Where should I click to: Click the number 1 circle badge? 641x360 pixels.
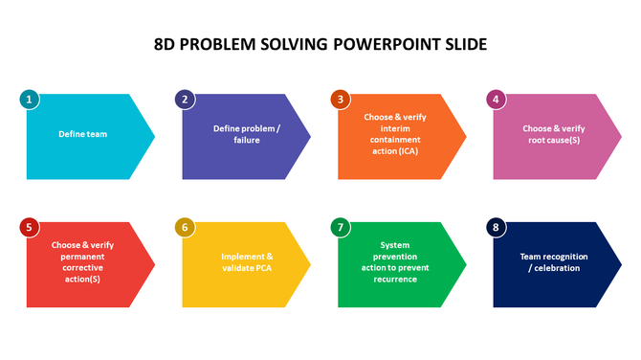pos(30,99)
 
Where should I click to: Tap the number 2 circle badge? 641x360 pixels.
pos(185,99)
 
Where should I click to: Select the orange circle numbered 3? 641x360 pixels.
pos(340,99)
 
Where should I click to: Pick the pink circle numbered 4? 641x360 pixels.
pos(495,99)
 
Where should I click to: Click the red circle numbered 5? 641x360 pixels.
pos(30,227)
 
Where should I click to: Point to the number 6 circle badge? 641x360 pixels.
pos(185,227)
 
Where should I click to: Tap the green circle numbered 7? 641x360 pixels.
pos(340,227)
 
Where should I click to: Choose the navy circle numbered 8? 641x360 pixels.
pos(495,227)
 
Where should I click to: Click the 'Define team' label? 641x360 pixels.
pos(82,135)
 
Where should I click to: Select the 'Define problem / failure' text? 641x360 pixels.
pos(246,133)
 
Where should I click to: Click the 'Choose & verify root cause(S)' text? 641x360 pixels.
pos(553,133)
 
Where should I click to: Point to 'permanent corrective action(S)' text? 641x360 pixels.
pos(80,268)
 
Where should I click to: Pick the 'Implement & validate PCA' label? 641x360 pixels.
pos(247,261)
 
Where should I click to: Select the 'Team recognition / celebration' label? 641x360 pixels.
pos(553,261)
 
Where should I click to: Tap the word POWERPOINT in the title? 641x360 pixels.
pos(385,44)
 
